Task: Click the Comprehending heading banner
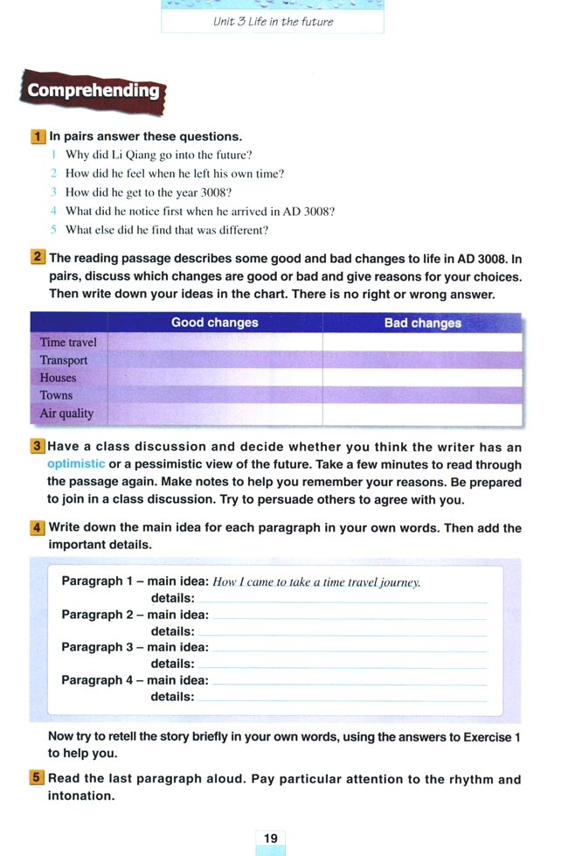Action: [x=93, y=91]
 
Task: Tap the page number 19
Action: [x=271, y=839]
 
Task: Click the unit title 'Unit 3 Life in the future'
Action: [x=273, y=22]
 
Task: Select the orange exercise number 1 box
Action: [x=38, y=136]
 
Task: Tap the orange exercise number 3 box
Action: [x=38, y=446]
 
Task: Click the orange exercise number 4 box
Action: [x=38, y=527]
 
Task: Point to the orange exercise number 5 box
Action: [x=38, y=778]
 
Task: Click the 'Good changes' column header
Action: [x=215, y=323]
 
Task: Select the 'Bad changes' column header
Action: [x=422, y=323]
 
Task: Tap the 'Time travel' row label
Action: [x=68, y=342]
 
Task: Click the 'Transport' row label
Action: [x=64, y=360]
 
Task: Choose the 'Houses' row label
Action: [x=58, y=378]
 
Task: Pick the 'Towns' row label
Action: [x=56, y=395]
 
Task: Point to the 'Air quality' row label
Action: [x=66, y=414]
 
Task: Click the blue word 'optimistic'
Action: [x=76, y=463]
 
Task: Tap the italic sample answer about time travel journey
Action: [x=317, y=582]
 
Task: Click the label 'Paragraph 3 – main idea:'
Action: [x=135, y=647]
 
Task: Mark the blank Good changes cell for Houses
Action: [x=215, y=378]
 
